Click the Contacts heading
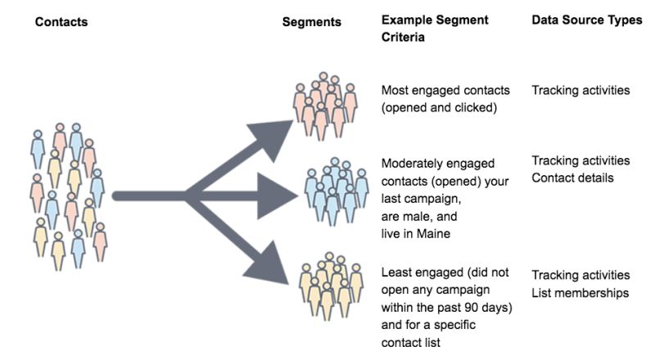[x=61, y=22]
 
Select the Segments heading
[x=311, y=22]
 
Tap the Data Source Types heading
[x=587, y=20]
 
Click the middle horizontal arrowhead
[x=282, y=196]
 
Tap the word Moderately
[x=413, y=163]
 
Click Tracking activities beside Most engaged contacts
[x=580, y=90]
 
